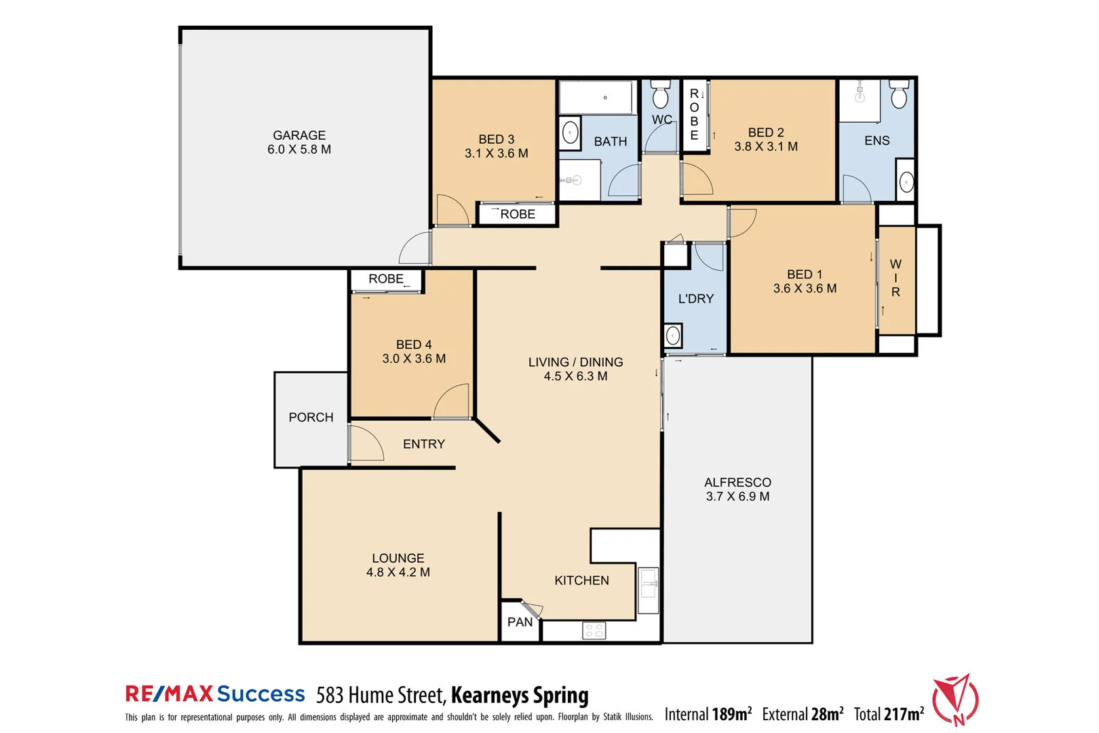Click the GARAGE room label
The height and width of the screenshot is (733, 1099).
click(299, 136)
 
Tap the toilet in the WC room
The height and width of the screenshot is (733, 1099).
click(660, 94)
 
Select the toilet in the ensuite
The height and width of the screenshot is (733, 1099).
click(899, 94)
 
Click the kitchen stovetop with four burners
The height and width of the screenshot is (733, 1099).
click(594, 631)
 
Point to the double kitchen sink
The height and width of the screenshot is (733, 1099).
click(649, 590)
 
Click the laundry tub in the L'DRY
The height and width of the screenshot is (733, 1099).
click(673, 335)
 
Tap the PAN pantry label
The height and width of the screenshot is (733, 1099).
click(520, 622)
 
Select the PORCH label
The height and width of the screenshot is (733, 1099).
click(311, 417)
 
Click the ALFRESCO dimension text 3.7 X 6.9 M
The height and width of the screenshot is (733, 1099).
click(737, 497)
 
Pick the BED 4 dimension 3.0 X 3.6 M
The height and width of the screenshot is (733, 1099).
click(414, 359)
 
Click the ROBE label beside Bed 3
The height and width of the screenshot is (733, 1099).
click(518, 214)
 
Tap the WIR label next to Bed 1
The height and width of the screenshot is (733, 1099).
click(895, 278)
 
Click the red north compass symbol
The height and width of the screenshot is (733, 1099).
click(955, 699)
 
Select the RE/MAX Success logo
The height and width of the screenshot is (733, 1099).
click(215, 694)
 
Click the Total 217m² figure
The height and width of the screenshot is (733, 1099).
click(889, 714)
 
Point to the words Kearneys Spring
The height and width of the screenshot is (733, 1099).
click(520, 696)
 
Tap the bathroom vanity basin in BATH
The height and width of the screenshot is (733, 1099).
click(571, 132)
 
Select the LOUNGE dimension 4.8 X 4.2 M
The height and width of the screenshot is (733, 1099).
click(398, 573)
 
